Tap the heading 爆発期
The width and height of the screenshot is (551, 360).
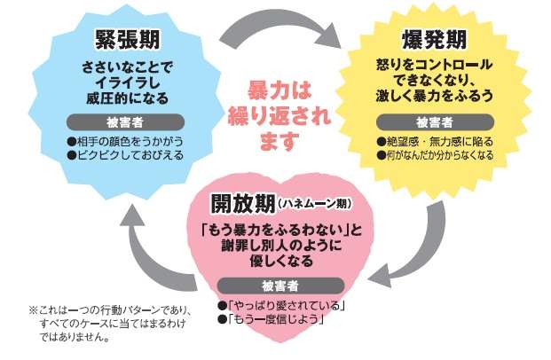pyautogui.click(x=434, y=41)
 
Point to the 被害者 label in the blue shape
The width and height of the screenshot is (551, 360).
pyautogui.click(x=125, y=121)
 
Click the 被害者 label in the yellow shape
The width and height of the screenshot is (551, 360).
pyautogui.click(x=434, y=121)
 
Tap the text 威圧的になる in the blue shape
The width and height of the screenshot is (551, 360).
pyautogui.click(x=125, y=97)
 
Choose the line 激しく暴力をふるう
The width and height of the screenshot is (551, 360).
pyautogui.click(x=434, y=97)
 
